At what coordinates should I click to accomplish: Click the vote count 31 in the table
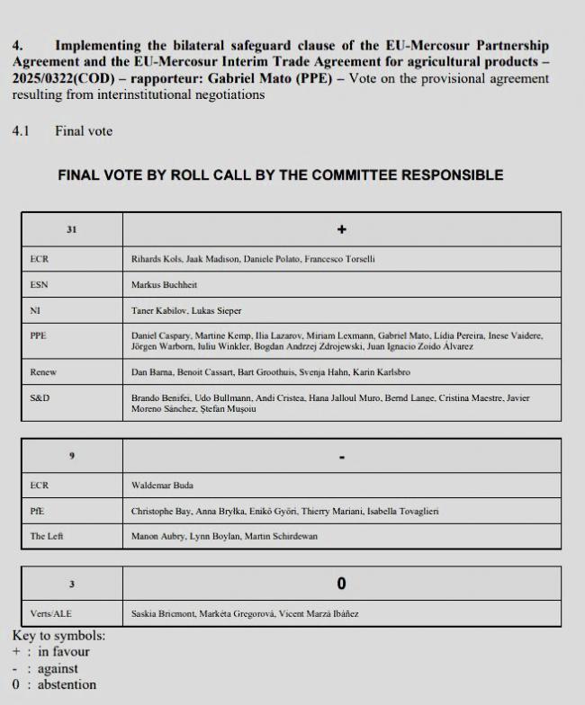(71, 229)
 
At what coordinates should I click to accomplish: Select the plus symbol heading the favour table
(341, 229)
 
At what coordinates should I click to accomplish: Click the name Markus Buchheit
(164, 284)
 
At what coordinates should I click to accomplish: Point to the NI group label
(34, 310)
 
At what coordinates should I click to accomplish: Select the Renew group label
(42, 370)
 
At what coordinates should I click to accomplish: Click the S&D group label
(40, 397)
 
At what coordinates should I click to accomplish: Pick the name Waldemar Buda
(161, 485)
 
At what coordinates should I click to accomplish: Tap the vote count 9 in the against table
(71, 456)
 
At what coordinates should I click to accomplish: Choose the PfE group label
(38, 511)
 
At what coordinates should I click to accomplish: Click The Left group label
(47, 536)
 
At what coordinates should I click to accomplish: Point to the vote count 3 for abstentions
(71, 585)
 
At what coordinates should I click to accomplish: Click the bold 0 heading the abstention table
(341, 585)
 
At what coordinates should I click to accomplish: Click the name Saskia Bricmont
(165, 614)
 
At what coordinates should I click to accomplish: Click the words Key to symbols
(58, 636)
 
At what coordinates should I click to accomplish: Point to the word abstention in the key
(67, 684)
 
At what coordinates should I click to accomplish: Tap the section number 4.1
(21, 130)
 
